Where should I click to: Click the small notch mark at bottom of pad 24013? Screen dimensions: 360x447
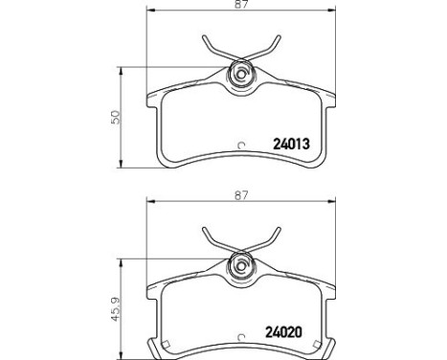pyautogui.click(x=240, y=146)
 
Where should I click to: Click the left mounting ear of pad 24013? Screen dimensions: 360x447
pyautogui.click(x=153, y=99)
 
